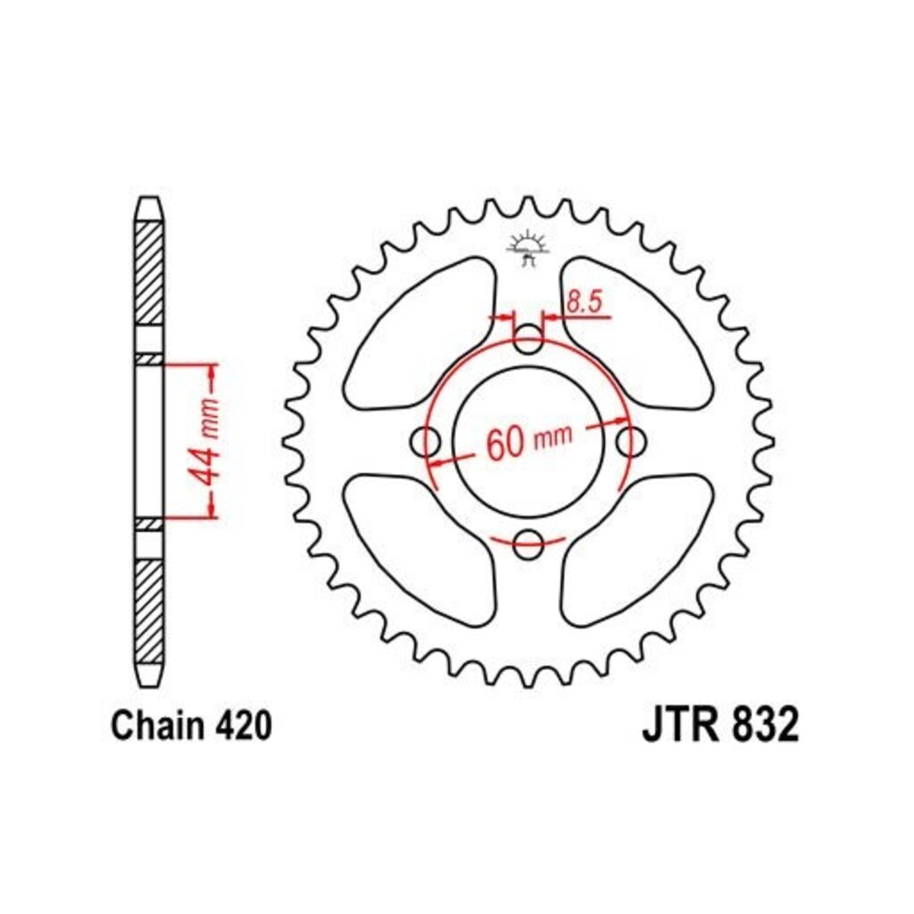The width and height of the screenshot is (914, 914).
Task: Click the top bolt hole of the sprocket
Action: [x=528, y=339]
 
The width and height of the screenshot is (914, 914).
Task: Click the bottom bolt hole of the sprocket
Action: [x=528, y=544]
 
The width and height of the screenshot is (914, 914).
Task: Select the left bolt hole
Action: [x=426, y=443]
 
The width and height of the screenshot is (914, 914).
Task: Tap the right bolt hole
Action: [x=631, y=442]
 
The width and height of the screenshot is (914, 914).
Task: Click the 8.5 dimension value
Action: [x=583, y=303]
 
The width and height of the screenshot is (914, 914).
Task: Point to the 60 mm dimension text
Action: [x=529, y=441]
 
